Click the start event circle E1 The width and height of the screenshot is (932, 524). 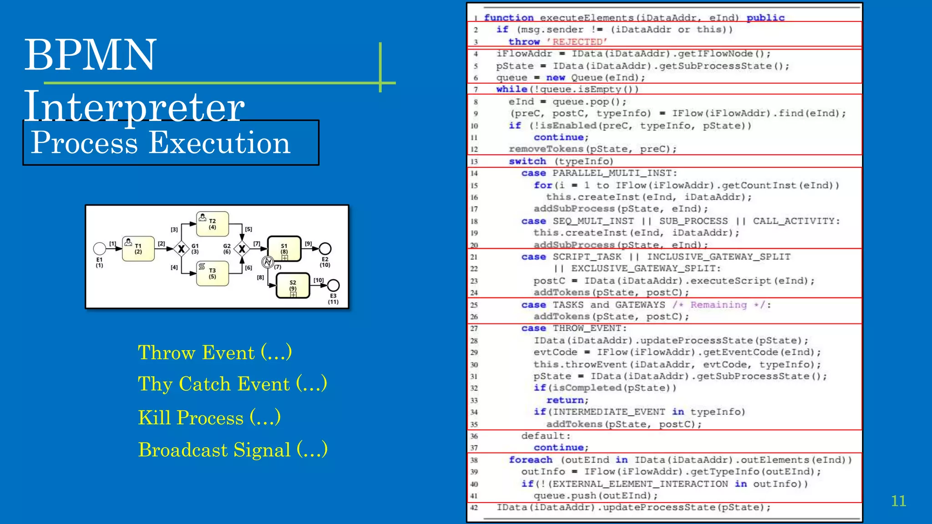point(99,248)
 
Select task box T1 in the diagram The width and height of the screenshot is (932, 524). point(138,249)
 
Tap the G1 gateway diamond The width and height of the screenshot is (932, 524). point(181,249)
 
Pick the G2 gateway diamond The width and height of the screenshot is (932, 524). point(242,249)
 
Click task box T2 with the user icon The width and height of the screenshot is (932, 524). point(212,224)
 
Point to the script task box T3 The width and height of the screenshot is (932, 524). point(212,273)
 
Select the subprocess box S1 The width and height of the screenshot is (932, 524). point(284,248)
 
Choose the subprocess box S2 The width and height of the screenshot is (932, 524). point(293,286)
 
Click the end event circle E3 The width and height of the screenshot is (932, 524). point(333,285)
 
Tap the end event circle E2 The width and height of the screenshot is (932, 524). point(325,248)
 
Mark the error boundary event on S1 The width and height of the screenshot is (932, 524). point(268,262)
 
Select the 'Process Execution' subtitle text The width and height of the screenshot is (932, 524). point(160,142)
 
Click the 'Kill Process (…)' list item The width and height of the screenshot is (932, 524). point(209,418)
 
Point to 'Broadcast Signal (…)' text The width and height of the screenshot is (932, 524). point(233,449)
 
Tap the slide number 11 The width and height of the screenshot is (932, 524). point(898,501)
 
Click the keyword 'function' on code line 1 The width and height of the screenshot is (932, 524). point(508,18)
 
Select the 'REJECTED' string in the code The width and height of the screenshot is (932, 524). point(577,42)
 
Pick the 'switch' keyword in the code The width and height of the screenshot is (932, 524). point(527,161)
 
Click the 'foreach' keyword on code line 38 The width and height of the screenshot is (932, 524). point(530,460)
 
